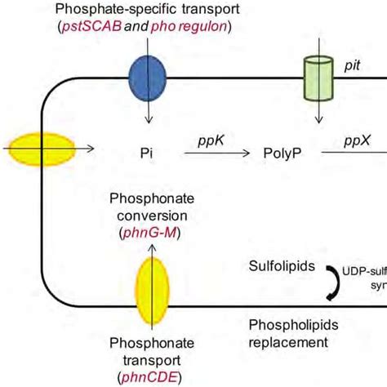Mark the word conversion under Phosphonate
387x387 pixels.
coord(151,216)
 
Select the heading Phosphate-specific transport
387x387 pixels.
coord(149,10)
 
